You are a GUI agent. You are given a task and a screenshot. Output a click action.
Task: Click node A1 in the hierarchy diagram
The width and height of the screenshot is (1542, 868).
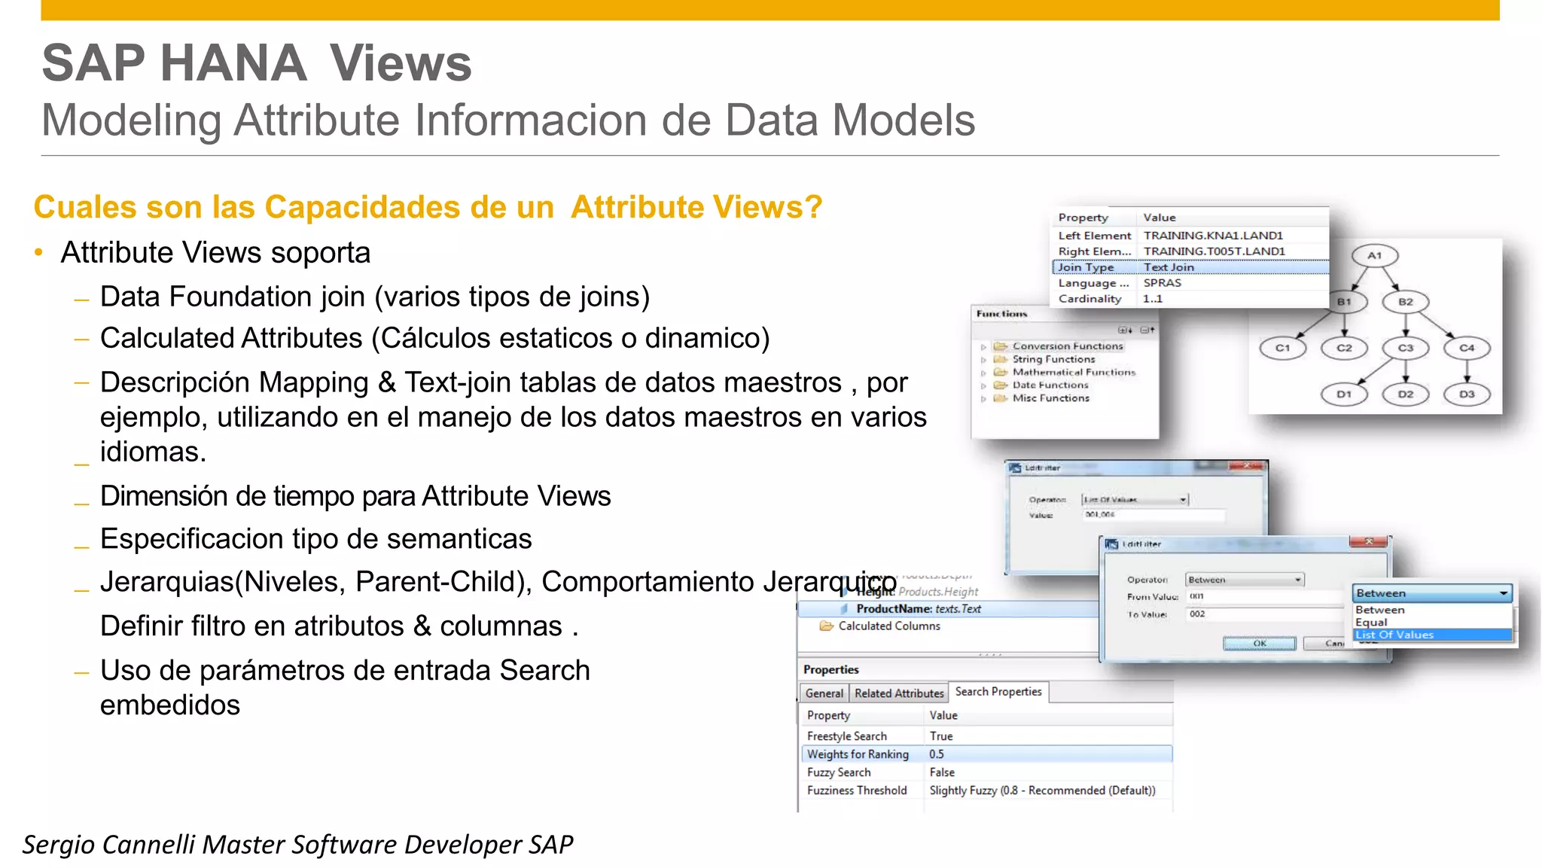point(1374,256)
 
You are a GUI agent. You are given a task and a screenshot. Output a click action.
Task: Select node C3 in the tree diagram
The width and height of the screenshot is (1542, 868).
point(1405,348)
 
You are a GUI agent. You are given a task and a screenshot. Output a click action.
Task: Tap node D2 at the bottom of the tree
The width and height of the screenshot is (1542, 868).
point(1405,394)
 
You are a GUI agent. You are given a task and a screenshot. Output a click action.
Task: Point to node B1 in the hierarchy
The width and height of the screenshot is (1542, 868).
point(1344,302)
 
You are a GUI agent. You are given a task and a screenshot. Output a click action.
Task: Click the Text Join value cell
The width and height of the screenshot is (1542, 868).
point(1169,267)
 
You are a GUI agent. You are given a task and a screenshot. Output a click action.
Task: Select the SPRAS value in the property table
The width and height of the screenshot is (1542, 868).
point(1162,283)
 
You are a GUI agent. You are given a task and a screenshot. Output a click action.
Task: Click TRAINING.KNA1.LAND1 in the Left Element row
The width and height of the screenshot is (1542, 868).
point(1213,236)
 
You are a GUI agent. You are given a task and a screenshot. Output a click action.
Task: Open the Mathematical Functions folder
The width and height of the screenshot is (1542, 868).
point(1073,372)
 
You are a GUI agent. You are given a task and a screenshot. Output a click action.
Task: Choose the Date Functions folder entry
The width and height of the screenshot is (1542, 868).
point(1050,385)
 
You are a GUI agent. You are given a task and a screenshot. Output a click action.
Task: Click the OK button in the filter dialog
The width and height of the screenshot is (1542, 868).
point(1259,644)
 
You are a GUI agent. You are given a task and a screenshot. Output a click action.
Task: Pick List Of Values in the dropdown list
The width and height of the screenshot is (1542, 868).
point(1394,635)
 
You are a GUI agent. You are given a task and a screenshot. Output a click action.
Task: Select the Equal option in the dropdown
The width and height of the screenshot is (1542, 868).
point(1371,622)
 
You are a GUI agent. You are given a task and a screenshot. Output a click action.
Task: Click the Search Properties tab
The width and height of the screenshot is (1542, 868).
point(998,692)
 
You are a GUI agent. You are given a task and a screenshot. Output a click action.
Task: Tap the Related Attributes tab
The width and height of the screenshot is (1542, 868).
point(899,693)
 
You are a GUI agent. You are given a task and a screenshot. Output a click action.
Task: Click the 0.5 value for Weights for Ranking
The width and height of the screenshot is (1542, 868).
point(937,754)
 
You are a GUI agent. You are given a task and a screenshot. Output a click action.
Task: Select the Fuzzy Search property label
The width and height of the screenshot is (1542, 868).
point(839,772)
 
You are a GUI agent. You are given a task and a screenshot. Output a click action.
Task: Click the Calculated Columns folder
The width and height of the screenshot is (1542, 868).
point(888,626)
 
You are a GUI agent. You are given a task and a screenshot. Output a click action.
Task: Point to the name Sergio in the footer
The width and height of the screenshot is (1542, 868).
point(58,845)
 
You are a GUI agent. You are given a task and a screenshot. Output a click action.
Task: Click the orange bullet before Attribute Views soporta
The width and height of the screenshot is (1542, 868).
point(38,253)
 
